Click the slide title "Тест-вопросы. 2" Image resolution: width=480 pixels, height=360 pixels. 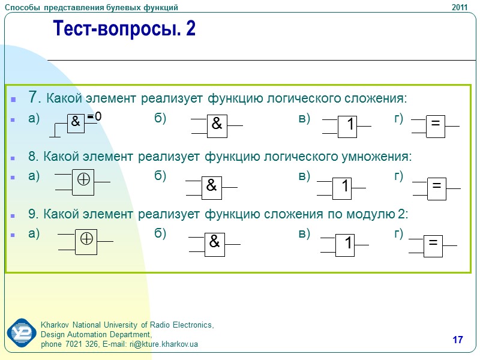tap(124, 28)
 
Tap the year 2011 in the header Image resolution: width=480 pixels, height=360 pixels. tap(459, 7)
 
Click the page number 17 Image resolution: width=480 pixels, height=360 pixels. tap(458, 341)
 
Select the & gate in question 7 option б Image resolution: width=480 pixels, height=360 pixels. tap(217, 124)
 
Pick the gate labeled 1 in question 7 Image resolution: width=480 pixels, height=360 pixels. tap(351, 125)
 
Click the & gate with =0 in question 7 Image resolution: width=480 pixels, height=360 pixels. tap(76, 121)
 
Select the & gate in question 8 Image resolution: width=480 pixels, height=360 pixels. tap(211, 186)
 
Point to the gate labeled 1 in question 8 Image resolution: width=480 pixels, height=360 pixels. tap(344, 187)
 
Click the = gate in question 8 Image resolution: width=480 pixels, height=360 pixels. tap(436, 187)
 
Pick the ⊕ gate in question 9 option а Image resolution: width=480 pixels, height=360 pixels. tap(86, 241)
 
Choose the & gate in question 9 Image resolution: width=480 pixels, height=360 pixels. tap(214, 242)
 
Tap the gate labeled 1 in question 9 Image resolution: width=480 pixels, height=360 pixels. tap(348, 244)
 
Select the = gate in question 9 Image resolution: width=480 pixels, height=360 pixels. tap(433, 243)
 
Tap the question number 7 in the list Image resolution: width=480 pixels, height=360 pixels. tap(35, 97)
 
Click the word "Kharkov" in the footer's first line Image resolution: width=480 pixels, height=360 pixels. tap(55, 325)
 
